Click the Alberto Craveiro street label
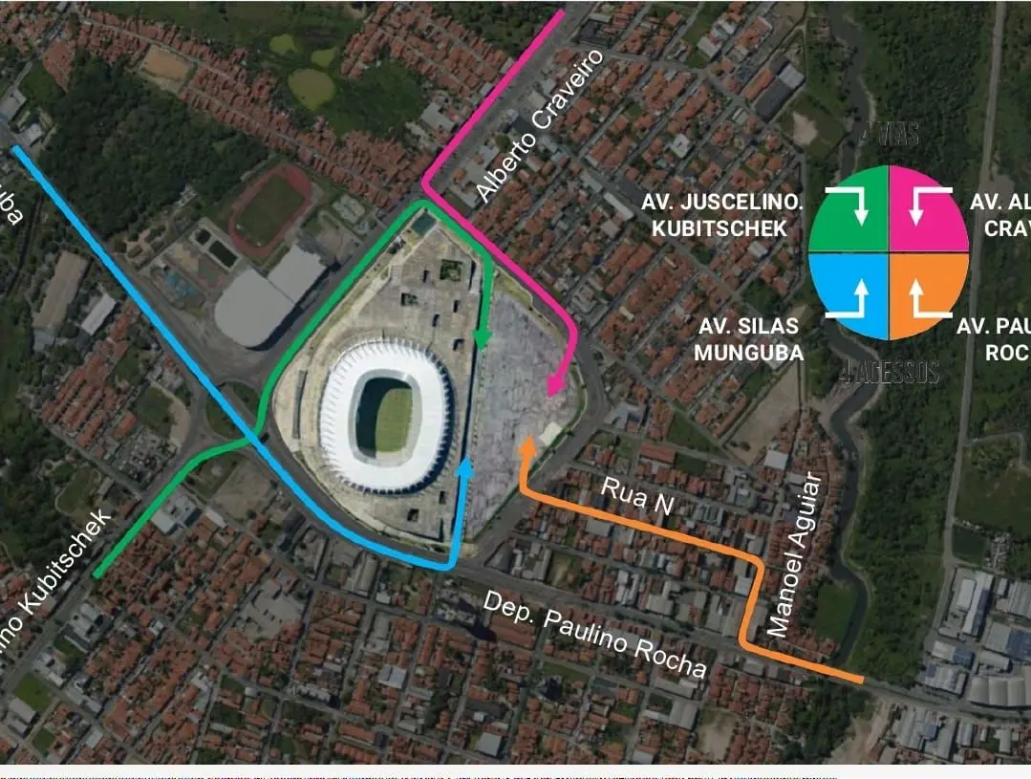pyautogui.click(x=541, y=126)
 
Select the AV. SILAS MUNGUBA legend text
pyautogui.click(x=748, y=339)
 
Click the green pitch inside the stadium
pyautogui.click(x=393, y=418)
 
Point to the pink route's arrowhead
pyautogui.click(x=553, y=386)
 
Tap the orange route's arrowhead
pyautogui.click(x=526, y=444)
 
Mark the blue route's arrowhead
pyautogui.click(x=466, y=466)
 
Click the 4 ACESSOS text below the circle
pyautogui.click(x=890, y=373)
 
